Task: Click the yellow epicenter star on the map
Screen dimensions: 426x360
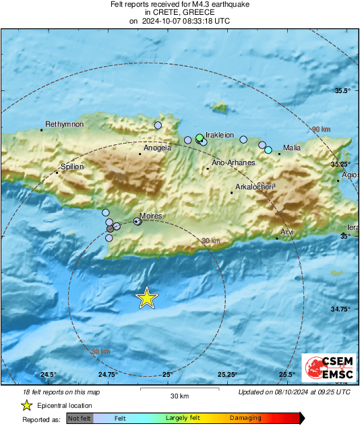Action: [x=146, y=297]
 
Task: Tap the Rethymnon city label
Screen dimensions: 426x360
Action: [x=64, y=125]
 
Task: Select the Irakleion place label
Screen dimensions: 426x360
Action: [x=219, y=134]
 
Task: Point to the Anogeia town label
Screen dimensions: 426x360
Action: [x=157, y=148]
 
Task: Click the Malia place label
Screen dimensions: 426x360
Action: [x=292, y=148]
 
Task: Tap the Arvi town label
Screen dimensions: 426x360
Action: [x=288, y=232]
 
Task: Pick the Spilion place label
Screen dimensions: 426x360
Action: [x=72, y=166]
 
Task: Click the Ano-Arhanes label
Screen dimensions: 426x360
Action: [x=233, y=162]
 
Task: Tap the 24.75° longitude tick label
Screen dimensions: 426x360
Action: [x=108, y=375]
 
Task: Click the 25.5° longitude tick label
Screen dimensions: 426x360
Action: [x=287, y=375]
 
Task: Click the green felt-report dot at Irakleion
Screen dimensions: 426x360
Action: [x=200, y=138]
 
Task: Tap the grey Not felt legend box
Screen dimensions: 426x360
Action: [x=80, y=419]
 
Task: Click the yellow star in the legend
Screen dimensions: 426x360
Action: [x=26, y=405]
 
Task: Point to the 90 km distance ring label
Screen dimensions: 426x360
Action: [x=322, y=129]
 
